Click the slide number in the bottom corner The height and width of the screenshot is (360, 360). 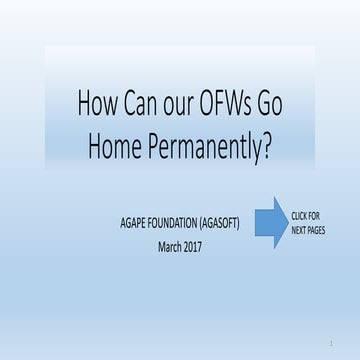coord(329,345)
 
